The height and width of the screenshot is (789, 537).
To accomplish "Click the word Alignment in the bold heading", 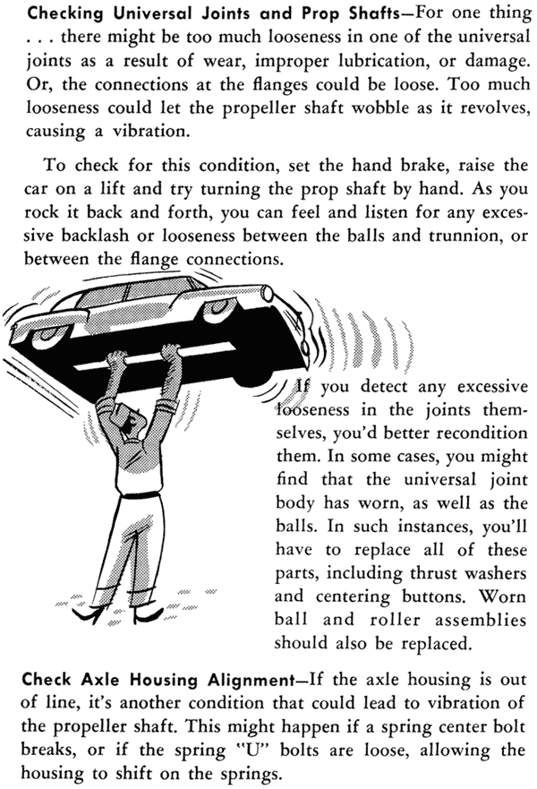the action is coord(251,680).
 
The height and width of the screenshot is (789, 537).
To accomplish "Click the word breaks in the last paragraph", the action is coord(47,750).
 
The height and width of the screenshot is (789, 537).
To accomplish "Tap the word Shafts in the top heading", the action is coord(367,14).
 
